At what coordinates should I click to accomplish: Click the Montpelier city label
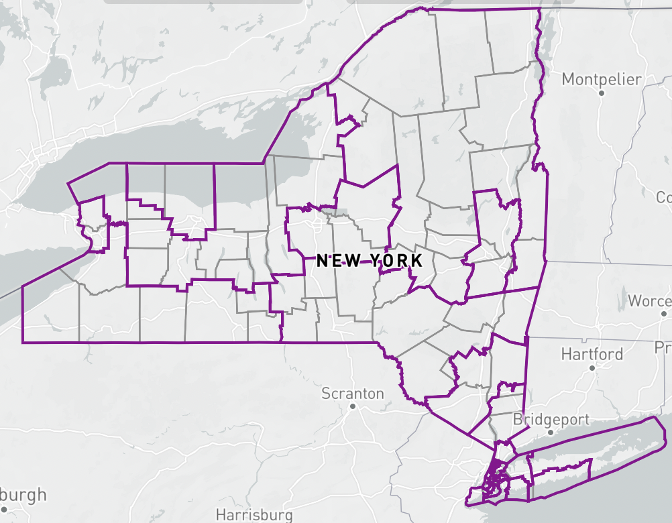(602, 79)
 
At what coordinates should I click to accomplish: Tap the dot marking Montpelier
(602, 93)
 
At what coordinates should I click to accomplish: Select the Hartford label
(592, 353)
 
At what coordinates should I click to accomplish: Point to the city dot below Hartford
(592, 368)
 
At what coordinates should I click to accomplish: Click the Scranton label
(353, 393)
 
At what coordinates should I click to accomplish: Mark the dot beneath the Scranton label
(353, 406)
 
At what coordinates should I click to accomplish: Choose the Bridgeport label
(551, 420)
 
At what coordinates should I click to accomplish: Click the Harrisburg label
(254, 515)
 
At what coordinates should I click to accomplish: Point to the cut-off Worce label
(649, 300)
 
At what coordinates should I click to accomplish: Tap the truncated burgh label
(23, 496)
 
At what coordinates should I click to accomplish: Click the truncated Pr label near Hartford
(663, 347)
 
